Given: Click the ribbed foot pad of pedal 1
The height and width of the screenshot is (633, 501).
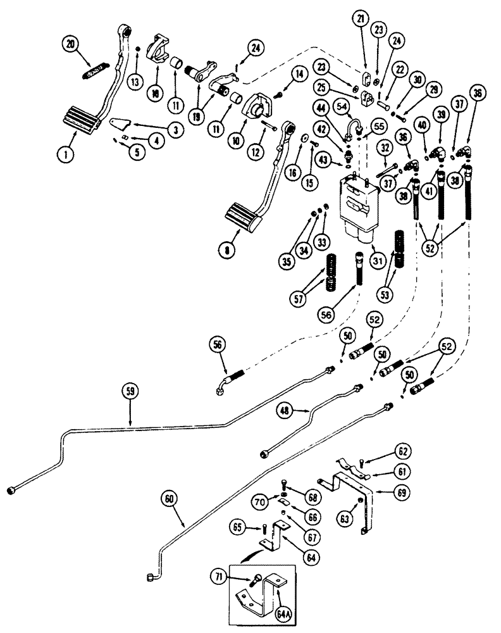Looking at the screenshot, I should click(x=79, y=120).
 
